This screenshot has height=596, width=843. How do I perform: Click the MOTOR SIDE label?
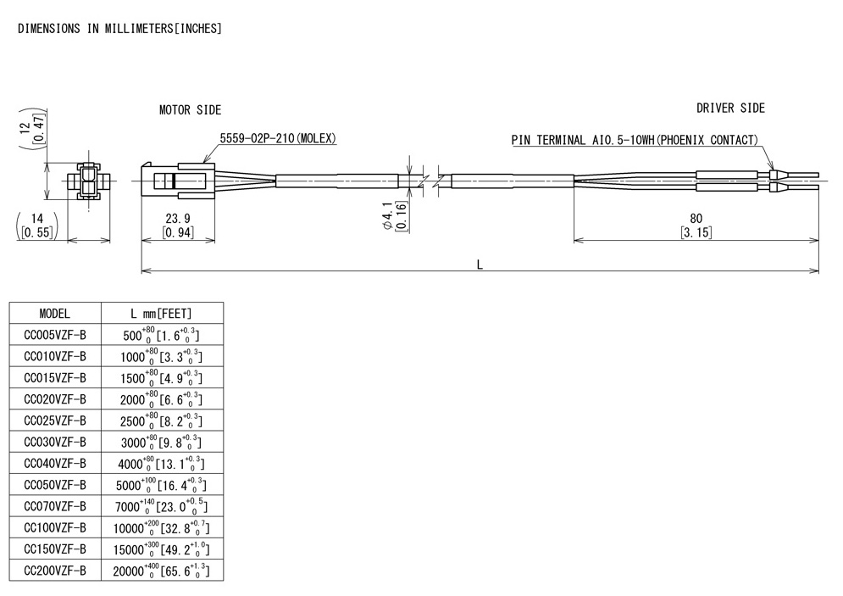click(190, 110)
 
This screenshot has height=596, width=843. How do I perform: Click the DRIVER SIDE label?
click(730, 109)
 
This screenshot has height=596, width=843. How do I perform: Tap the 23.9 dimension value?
click(177, 219)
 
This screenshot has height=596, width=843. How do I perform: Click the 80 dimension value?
click(696, 219)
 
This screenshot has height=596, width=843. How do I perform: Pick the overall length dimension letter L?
click(480, 265)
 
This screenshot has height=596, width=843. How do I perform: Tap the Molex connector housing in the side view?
click(173, 180)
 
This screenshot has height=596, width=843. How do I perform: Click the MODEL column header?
click(55, 313)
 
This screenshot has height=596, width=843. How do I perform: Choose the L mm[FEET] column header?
click(161, 313)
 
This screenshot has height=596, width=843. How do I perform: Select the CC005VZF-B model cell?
click(55, 335)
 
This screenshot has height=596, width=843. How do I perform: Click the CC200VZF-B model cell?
click(55, 571)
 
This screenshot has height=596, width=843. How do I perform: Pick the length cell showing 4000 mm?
click(161, 464)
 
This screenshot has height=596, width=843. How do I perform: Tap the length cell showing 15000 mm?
click(161, 549)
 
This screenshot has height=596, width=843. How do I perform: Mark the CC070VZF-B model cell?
click(55, 507)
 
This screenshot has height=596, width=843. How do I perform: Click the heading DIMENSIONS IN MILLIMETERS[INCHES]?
click(119, 29)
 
